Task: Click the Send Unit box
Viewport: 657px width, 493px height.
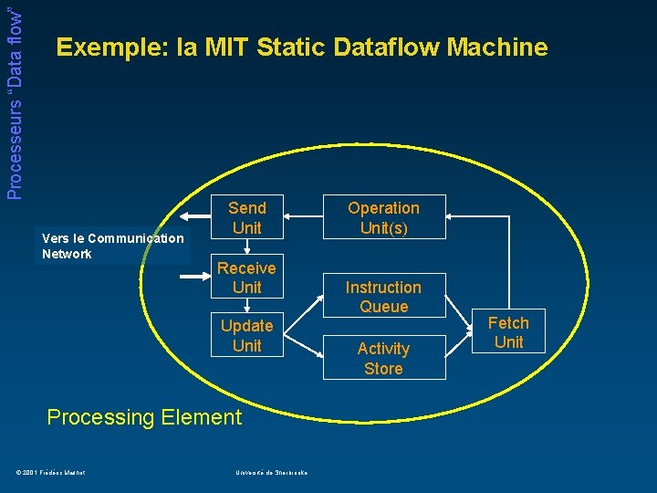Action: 246,217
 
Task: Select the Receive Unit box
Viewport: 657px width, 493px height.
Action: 246,278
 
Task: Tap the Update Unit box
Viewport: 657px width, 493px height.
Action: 246,335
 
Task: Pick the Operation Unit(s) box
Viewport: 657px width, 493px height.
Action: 383,217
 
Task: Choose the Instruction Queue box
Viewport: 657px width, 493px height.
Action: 383,297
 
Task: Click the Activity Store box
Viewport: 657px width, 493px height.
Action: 383,358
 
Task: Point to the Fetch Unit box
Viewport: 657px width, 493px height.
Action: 508,332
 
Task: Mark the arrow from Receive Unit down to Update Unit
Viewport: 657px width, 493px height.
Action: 246,306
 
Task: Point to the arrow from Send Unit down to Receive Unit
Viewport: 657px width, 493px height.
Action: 246,247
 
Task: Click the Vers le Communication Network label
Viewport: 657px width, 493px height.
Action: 112,246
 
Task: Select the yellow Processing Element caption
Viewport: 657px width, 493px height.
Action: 144,417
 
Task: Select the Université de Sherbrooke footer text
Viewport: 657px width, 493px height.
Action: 271,471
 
